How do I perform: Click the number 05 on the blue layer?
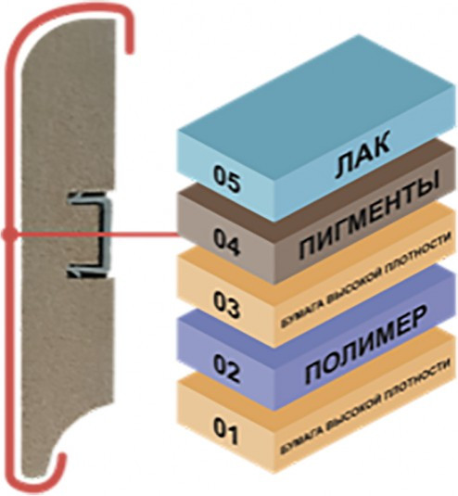[226, 179]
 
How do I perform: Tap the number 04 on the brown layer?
[226, 242]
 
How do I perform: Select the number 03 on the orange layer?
[226, 305]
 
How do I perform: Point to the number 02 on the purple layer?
[226, 367]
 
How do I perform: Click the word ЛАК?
[363, 156]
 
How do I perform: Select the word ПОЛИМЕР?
[364, 344]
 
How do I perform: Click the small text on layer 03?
[364, 280]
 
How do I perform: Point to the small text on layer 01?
[364, 407]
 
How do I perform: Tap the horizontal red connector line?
[94, 235]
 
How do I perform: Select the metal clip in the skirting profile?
[89, 235]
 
